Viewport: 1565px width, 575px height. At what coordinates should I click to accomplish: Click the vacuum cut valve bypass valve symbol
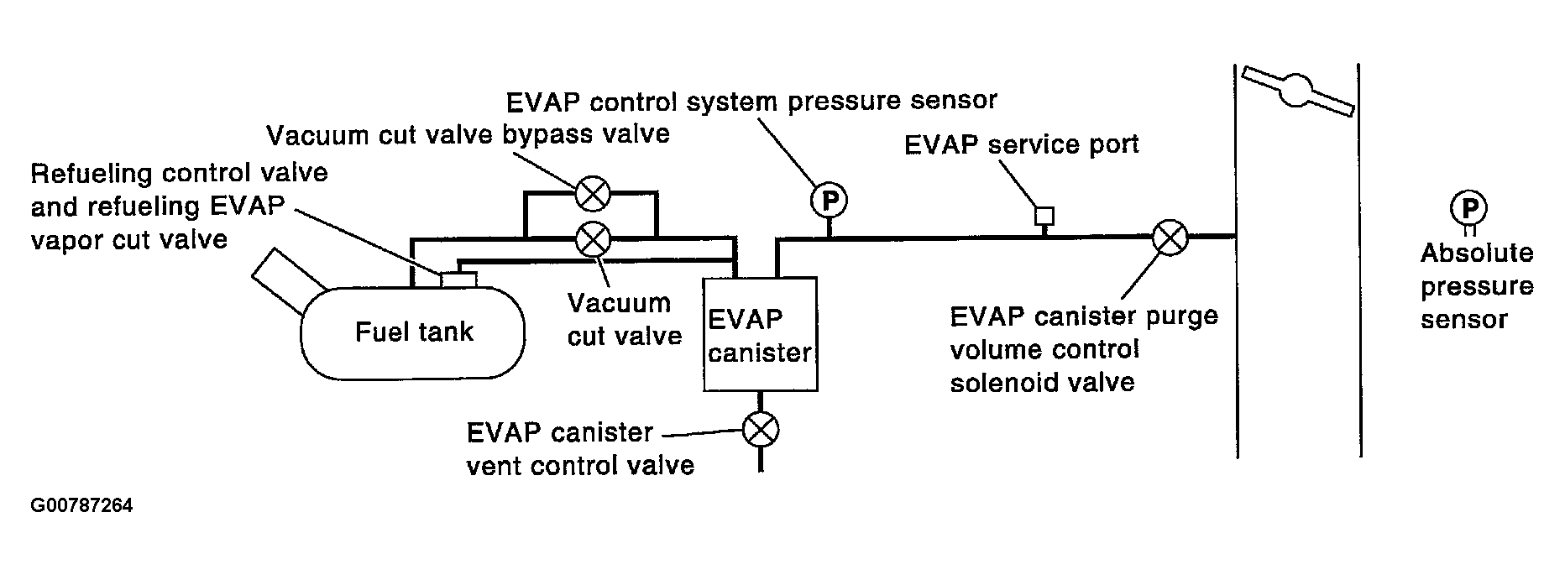(594, 195)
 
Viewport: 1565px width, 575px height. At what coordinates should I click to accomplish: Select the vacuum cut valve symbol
(594, 239)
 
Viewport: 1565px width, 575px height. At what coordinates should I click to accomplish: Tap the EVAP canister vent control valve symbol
(761, 431)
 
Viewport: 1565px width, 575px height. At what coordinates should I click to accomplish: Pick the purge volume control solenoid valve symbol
(1169, 238)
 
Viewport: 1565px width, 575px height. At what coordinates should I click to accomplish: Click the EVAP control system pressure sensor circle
(829, 200)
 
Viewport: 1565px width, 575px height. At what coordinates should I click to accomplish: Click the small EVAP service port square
(1044, 216)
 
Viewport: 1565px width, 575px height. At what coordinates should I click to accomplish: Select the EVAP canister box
(760, 334)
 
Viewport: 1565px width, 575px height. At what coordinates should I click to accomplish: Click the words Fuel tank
(414, 332)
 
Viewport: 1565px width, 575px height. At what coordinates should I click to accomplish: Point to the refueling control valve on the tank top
(458, 280)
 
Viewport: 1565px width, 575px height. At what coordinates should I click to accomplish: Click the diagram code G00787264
(81, 506)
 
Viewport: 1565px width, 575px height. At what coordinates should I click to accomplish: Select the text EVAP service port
(1021, 144)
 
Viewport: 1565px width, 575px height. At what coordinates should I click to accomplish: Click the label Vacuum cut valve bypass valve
(468, 134)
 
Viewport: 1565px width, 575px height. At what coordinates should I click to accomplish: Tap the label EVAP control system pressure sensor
(751, 101)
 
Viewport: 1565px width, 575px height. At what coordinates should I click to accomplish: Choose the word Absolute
(1477, 253)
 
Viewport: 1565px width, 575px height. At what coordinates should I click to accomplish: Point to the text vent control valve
(580, 465)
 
